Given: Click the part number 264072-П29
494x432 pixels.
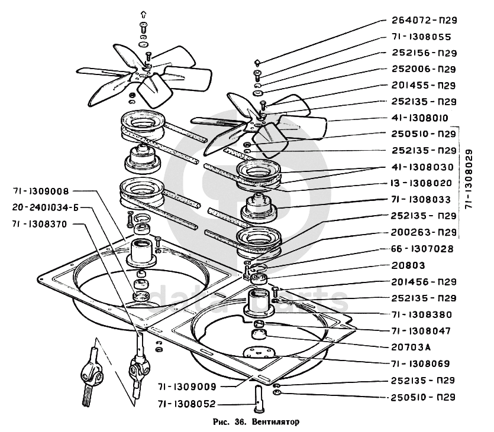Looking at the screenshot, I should coord(424,21).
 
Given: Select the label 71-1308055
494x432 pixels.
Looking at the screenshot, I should coord(423,37).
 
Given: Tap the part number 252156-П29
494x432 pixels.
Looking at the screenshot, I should coord(424,53).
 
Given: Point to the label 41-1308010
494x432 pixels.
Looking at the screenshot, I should coord(424,118).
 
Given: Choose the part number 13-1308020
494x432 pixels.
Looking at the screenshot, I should coord(424,183).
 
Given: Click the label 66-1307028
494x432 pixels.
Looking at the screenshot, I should coord(424,249).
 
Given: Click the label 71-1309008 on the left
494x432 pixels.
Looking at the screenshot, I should coord(41,191).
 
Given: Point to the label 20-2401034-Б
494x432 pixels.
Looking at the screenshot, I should coord(45,207).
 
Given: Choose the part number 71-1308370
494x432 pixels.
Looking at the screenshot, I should coord(41,224).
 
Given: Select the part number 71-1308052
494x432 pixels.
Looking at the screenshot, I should coord(187,404).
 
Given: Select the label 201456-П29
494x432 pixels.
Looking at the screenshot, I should coord(424,282).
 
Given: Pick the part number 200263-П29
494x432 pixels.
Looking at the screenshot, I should coord(424,232).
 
